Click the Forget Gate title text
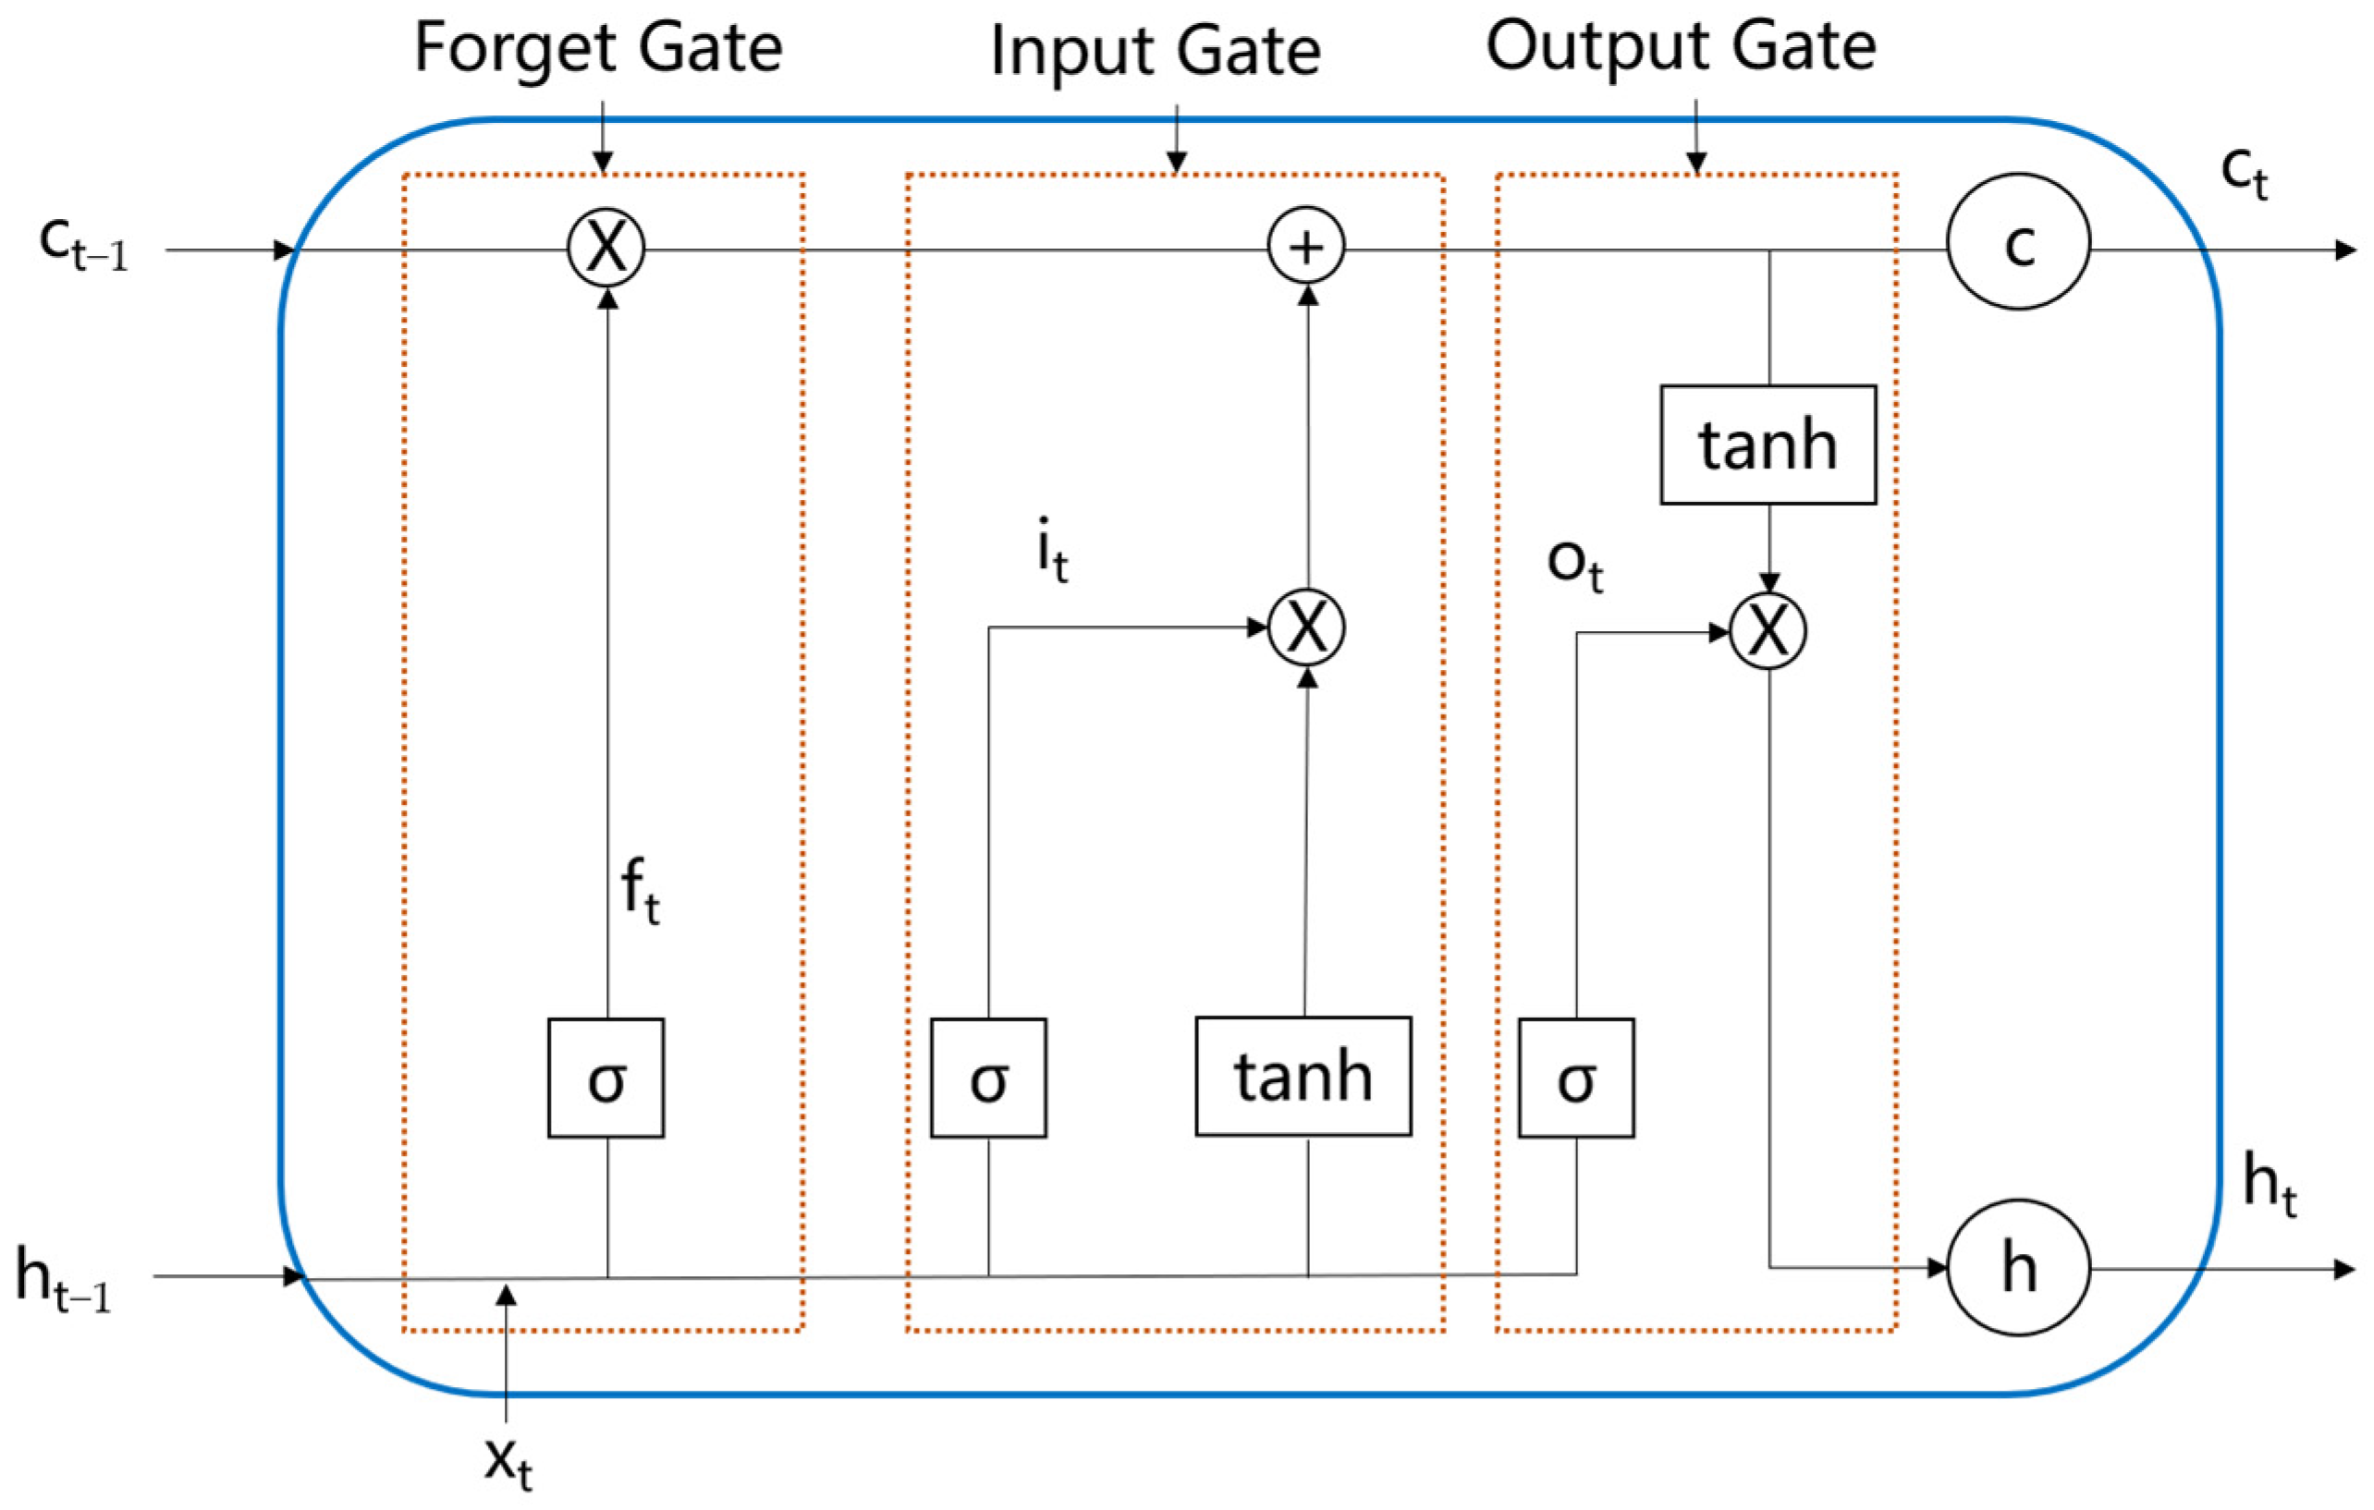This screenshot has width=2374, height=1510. pos(597,49)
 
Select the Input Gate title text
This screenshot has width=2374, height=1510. pos(1155,51)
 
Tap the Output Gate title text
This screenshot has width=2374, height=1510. pos(1681,47)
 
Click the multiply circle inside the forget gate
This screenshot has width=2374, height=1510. pos(606,247)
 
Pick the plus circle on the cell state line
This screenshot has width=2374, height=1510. pos(1305,248)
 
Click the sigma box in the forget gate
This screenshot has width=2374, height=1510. pos(606,1078)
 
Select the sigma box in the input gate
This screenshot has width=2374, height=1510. pos(988,1078)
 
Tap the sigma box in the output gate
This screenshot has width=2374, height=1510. pos(1575,1078)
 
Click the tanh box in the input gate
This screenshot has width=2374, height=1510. pos(1303,1077)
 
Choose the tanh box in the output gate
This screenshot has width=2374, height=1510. pos(1768,444)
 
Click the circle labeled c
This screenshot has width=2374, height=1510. pos(2018,242)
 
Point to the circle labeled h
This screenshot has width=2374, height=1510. pos(2018,1268)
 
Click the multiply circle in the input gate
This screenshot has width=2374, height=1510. pos(1305,627)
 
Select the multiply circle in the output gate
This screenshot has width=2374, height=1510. pos(1768,632)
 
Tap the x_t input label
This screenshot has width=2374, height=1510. pos(508,1460)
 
